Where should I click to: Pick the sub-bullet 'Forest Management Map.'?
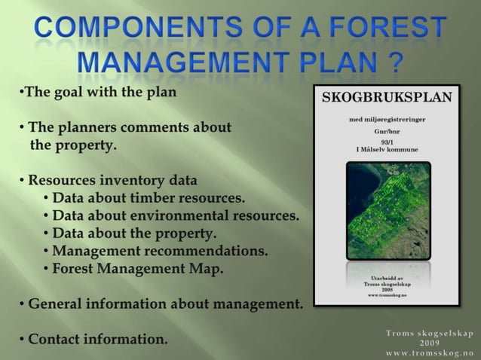136,267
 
